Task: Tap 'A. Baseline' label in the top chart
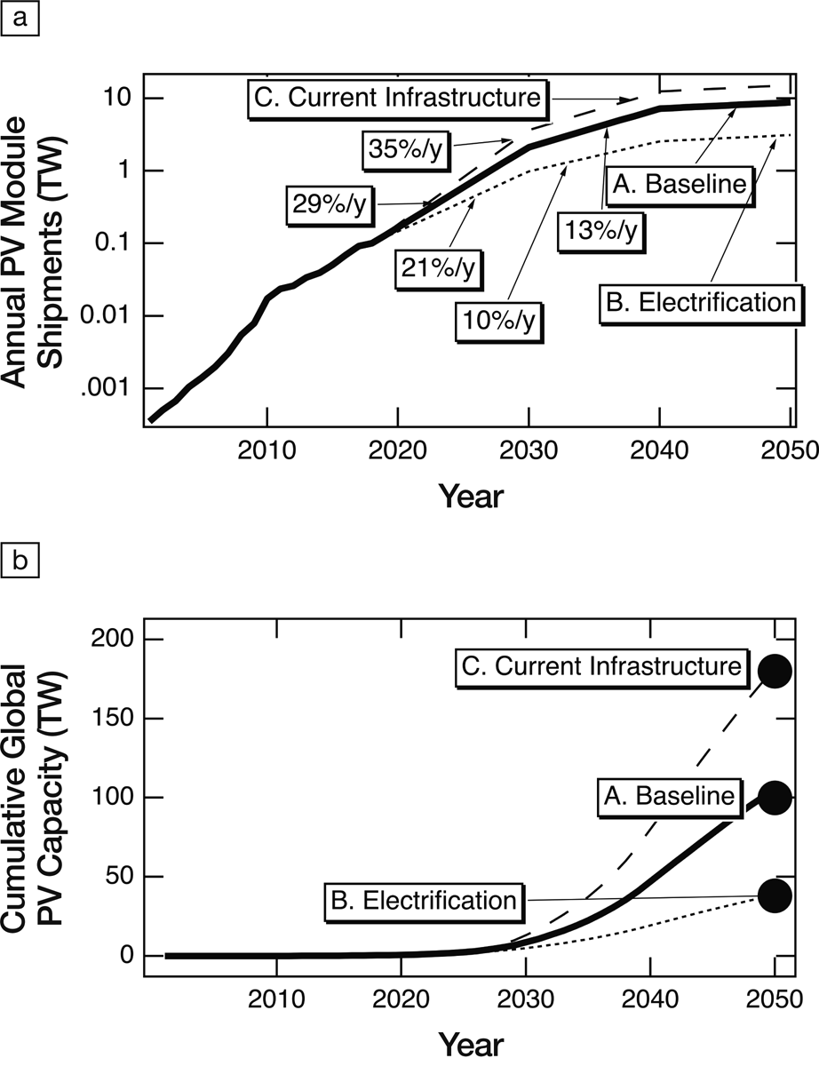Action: [x=680, y=187]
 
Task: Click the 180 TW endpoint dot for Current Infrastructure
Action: [x=774, y=671]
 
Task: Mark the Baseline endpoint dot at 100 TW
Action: [x=774, y=798]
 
